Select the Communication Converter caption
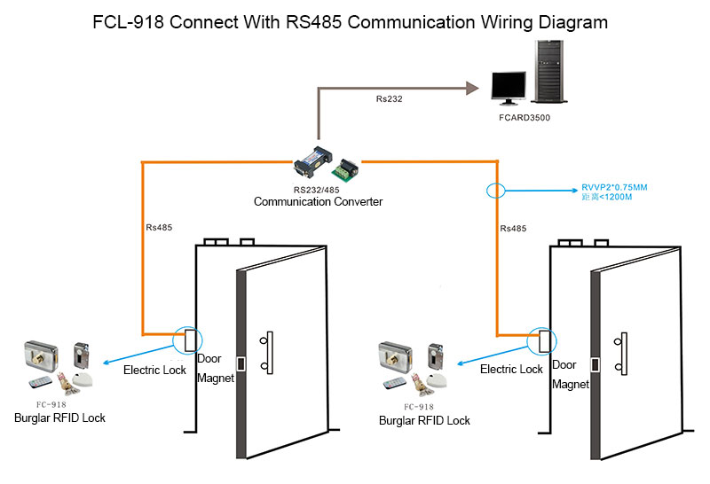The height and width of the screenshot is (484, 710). (318, 201)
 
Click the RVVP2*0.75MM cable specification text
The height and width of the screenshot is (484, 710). (613, 188)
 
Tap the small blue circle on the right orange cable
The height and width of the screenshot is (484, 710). (495, 190)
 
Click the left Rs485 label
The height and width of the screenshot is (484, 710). (159, 228)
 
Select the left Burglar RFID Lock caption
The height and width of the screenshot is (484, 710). (59, 418)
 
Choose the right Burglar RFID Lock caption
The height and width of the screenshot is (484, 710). (423, 420)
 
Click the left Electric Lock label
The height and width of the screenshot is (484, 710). (154, 370)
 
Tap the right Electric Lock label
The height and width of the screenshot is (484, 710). (511, 369)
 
